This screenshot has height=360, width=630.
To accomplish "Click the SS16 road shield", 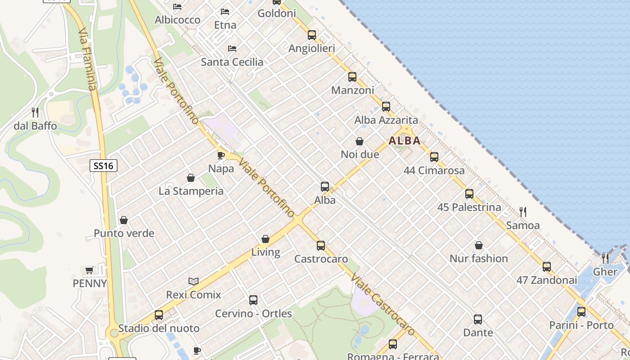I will click(103, 166).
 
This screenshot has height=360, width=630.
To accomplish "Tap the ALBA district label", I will click(405, 140).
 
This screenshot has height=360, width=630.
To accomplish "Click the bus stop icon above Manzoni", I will click(352, 77).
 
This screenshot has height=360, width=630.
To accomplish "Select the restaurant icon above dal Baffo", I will click(35, 112).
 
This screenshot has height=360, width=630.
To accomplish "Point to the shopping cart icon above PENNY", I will click(90, 270).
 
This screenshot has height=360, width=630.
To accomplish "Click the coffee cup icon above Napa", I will click(220, 155).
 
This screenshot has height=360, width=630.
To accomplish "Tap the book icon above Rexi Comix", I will click(193, 281).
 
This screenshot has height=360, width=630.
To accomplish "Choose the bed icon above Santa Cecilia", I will click(232, 49).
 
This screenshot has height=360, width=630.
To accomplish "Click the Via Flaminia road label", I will click(87, 58).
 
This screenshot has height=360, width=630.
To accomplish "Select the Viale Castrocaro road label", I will click(383, 304).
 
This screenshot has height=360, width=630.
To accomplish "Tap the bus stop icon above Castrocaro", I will click(321, 246).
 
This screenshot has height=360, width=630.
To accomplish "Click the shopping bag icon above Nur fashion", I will click(479, 245).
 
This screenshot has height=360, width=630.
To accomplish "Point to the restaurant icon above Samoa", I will click(523, 211).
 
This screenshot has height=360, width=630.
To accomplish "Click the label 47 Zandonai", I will click(546, 280).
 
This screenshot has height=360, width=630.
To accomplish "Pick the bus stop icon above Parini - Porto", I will click(581, 311).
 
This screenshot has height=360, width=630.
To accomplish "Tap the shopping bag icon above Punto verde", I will click(124, 220).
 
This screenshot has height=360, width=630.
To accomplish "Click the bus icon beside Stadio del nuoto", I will click(159, 315).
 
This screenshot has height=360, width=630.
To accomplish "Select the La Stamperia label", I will click(191, 191).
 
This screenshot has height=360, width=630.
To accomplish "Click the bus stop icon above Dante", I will click(478, 319).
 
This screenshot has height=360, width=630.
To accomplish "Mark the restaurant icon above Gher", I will click(605, 258).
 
